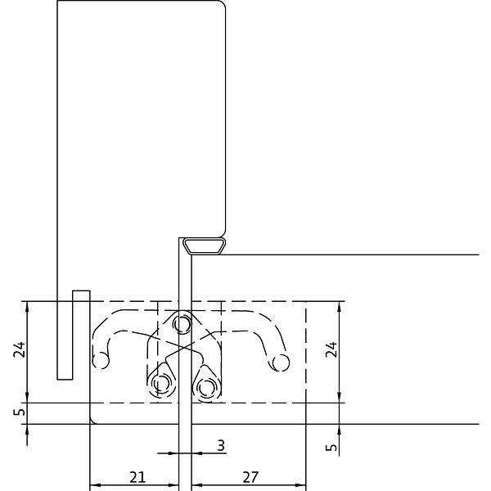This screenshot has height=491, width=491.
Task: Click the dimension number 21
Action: [137, 477]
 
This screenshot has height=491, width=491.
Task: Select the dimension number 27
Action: [250, 477]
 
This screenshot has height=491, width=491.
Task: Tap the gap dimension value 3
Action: [221, 445]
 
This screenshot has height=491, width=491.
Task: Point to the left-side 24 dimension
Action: [19, 349]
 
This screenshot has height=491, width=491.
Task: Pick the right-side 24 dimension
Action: [331, 349]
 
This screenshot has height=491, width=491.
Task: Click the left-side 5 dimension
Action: [20, 411]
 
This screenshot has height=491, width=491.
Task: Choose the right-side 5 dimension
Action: [332, 447]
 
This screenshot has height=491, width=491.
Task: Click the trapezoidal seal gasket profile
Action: [205, 245]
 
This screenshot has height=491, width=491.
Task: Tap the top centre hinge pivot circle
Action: [182, 324]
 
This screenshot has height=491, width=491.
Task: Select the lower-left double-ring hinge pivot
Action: [161, 383]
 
